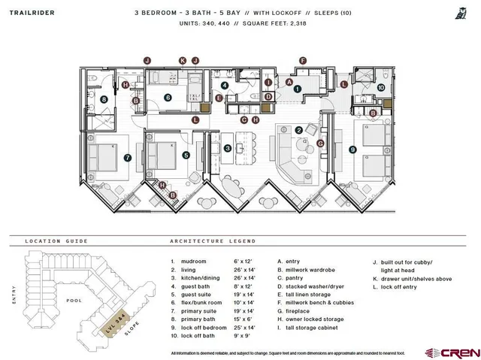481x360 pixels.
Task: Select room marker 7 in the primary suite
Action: (x=128, y=158)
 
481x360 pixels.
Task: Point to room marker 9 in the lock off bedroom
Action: (x=352, y=150)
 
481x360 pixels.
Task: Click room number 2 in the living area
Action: (x=298, y=130)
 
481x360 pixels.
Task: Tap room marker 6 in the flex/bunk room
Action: (x=168, y=97)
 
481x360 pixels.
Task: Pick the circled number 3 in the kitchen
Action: (x=228, y=149)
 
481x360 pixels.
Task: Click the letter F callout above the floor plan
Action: (x=302, y=60)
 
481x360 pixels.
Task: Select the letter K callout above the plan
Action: (x=182, y=60)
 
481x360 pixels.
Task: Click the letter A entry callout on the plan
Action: (x=289, y=82)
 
